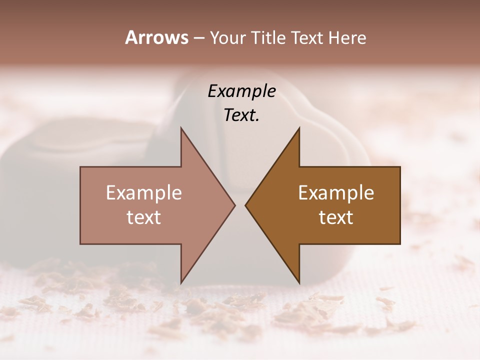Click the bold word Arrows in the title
(156, 37)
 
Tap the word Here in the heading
(347, 37)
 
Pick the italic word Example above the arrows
(242, 91)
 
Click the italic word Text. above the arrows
(242, 115)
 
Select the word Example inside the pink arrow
(144, 193)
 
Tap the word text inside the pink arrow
(144, 217)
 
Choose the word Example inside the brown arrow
(336, 193)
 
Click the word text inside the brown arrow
(336, 217)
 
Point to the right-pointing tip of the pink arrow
(235, 205)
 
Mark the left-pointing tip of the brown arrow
(245, 205)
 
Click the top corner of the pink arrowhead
(181, 127)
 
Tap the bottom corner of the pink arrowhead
(181, 283)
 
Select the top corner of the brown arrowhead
(299, 127)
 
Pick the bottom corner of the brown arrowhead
(299, 283)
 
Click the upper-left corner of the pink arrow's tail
(80, 167)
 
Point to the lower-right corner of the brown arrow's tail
(400, 244)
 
